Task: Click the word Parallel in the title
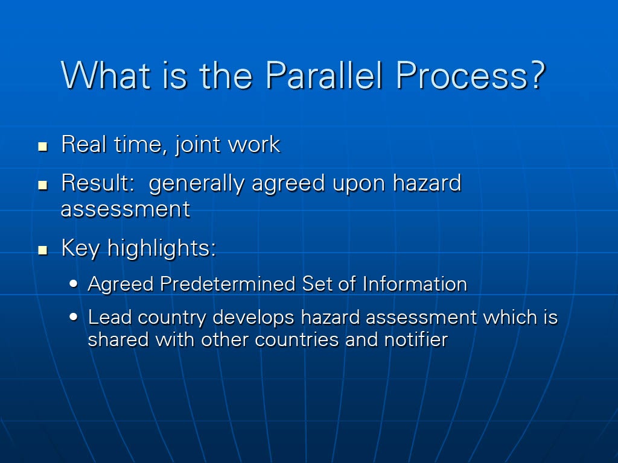324,75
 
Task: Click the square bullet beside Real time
43,147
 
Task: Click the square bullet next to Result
43,186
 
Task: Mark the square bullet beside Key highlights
43,250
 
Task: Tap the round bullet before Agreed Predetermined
73,283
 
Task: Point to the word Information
415,283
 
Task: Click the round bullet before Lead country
73,317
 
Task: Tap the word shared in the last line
118,339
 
